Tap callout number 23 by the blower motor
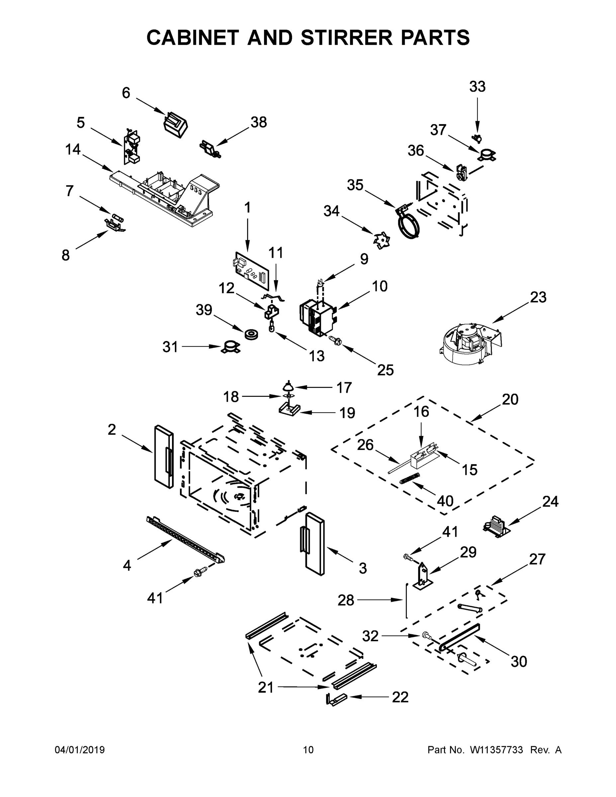coord(538,298)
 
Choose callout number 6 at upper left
coord(126,93)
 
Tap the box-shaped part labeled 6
coord(176,125)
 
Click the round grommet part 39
coord(251,334)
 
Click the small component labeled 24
coord(495,527)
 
